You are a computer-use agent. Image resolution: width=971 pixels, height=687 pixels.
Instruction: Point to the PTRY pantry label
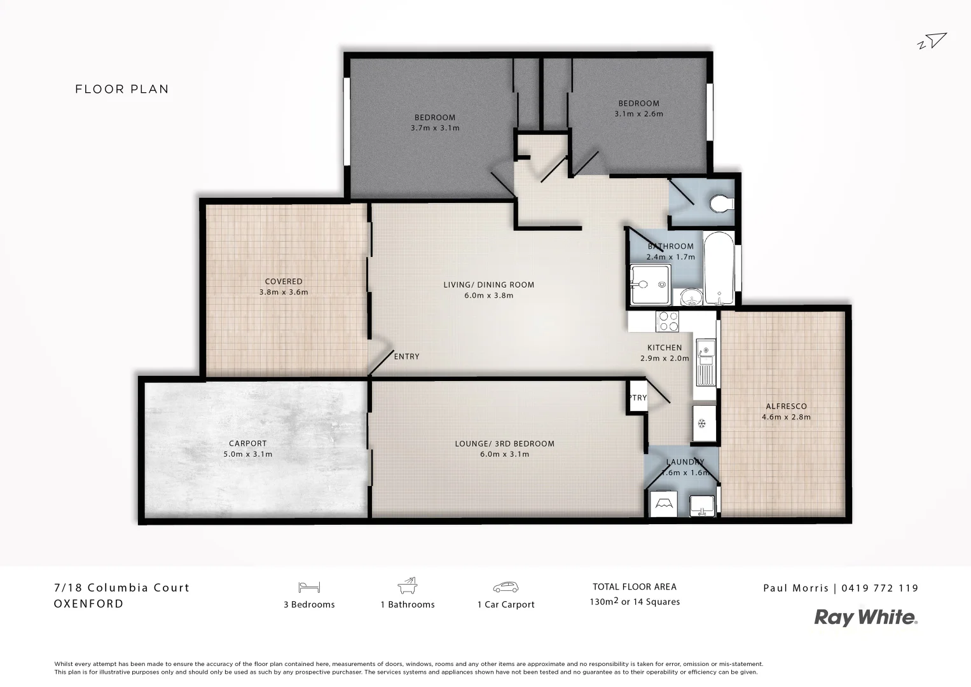tap(637, 398)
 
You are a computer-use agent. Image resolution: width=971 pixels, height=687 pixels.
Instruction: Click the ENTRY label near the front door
tap(406, 356)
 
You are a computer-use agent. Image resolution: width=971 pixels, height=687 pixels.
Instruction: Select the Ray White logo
tap(866, 617)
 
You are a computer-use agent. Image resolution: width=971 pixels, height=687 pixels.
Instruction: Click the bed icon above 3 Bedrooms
tap(309, 586)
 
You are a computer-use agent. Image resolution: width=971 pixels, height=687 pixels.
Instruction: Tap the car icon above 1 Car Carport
tap(506, 586)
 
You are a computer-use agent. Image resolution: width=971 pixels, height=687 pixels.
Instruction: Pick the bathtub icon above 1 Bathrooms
tap(407, 585)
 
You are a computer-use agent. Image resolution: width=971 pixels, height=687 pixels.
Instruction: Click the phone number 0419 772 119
tap(880, 588)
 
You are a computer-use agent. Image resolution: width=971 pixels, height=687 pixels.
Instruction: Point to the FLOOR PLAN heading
tap(122, 89)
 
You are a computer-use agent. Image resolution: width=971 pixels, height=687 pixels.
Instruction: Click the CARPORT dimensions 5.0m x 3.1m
tap(248, 454)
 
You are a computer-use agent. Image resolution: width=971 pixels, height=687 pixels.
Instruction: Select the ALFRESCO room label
tap(786, 406)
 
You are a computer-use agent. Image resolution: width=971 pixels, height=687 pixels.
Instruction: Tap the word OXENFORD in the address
tap(89, 604)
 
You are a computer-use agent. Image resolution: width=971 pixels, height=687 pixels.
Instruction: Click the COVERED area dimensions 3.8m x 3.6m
tap(284, 292)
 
